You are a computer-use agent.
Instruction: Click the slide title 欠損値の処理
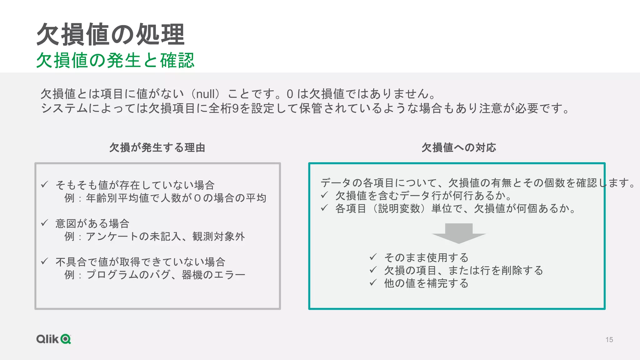click(x=111, y=34)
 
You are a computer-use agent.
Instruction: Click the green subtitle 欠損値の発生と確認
click(x=115, y=60)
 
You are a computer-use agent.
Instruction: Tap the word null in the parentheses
click(x=206, y=94)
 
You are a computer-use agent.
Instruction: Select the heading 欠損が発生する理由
click(x=157, y=147)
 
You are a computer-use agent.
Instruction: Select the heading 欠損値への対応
click(x=459, y=147)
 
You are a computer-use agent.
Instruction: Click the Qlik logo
click(x=54, y=339)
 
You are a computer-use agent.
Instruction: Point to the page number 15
click(x=609, y=340)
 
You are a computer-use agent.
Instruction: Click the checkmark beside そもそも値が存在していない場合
click(x=44, y=184)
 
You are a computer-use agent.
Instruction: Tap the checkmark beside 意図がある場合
click(x=44, y=223)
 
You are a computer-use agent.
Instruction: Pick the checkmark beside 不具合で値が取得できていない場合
click(x=44, y=261)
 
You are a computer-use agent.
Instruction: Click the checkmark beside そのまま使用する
click(x=373, y=257)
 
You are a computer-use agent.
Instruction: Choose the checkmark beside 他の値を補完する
click(x=373, y=282)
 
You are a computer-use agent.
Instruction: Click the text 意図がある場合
click(x=92, y=224)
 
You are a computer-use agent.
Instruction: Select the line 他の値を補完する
click(x=426, y=283)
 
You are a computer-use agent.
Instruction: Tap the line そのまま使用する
click(x=426, y=257)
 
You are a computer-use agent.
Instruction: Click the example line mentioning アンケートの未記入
click(x=155, y=237)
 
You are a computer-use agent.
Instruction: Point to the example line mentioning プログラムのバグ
click(x=155, y=275)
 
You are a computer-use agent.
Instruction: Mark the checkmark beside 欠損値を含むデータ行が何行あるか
click(x=324, y=195)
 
